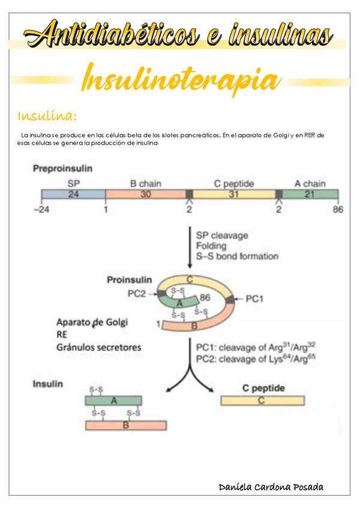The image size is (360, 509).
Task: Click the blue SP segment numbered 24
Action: pyautogui.click(x=73, y=194)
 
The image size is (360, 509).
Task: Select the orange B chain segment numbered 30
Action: pyautogui.click(x=146, y=194)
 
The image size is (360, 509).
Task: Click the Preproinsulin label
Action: pyautogui.click(x=62, y=169)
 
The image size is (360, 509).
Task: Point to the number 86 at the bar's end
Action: pyautogui.click(x=338, y=209)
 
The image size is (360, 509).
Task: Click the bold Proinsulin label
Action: pyautogui.click(x=130, y=280)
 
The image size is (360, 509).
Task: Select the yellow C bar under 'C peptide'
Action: pyautogui.click(x=262, y=400)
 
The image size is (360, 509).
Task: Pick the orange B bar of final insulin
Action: pyautogui.click(x=125, y=425)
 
